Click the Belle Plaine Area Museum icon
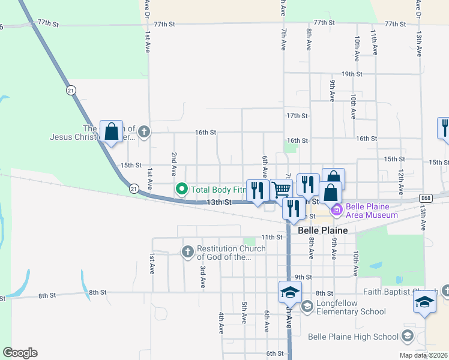336,209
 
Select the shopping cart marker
281,190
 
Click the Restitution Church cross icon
188,251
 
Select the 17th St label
297,115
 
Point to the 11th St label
271,237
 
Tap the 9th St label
303,277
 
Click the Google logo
20,353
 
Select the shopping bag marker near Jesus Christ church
112,131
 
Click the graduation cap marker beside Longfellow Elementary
289,292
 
